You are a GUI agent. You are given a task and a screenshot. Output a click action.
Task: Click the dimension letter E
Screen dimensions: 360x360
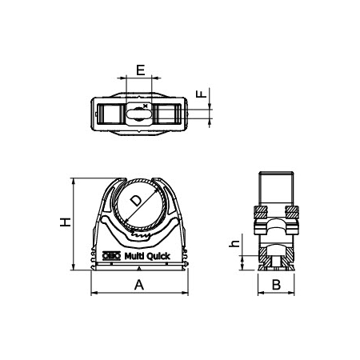point(140,70)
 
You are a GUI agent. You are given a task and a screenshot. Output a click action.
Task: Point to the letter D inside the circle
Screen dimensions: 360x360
point(136,200)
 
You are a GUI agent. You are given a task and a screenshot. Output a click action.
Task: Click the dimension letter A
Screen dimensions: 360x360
point(138,285)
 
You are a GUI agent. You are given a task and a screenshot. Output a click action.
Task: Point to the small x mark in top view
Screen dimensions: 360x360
point(145,106)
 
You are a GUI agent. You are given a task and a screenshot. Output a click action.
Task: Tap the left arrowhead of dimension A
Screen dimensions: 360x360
point(92,294)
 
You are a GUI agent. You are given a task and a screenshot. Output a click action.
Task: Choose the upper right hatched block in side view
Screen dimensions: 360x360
point(292,213)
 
